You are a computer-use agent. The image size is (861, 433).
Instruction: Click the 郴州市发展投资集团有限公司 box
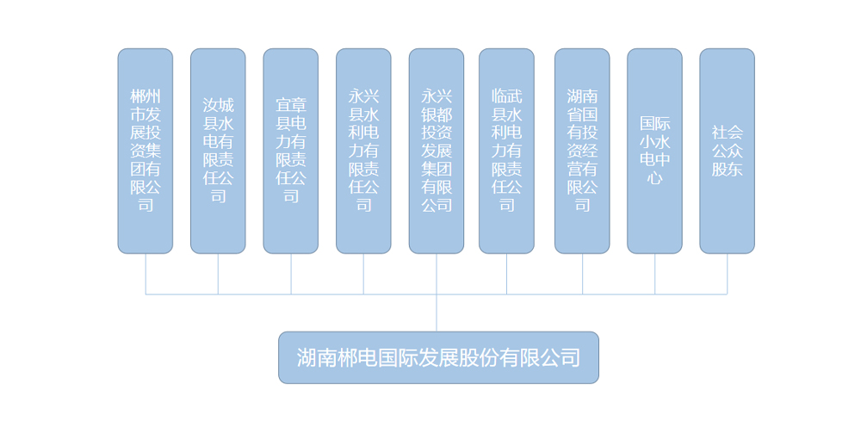(146, 151)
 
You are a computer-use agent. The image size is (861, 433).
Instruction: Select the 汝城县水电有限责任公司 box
(218, 151)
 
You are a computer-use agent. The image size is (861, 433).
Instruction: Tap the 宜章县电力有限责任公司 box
(291, 151)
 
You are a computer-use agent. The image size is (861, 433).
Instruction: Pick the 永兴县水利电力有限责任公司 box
(363, 151)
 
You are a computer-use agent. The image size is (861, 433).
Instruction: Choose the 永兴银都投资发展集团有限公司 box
(437, 151)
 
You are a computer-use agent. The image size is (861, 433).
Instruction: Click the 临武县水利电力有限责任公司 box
(507, 151)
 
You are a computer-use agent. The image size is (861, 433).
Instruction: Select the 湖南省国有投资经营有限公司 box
(582, 151)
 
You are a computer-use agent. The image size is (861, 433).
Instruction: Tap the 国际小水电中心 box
(654, 151)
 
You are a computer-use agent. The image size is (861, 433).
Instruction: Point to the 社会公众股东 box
(727, 151)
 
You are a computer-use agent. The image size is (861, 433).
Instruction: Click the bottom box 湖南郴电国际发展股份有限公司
(439, 358)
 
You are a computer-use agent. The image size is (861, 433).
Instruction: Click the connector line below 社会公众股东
(727, 275)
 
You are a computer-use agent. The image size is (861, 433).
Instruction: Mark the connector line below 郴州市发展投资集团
(146, 275)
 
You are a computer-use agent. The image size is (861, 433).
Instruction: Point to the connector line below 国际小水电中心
(654, 275)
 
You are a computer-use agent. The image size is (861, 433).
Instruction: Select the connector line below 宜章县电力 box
(291, 275)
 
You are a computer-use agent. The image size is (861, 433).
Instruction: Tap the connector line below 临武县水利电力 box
(507, 275)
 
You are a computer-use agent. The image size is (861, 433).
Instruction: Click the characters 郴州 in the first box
(146, 96)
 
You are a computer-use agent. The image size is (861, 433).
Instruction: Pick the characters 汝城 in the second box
(218, 105)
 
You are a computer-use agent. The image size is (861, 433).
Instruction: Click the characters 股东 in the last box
(727, 169)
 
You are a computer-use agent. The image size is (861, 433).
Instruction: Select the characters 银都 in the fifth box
(437, 114)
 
